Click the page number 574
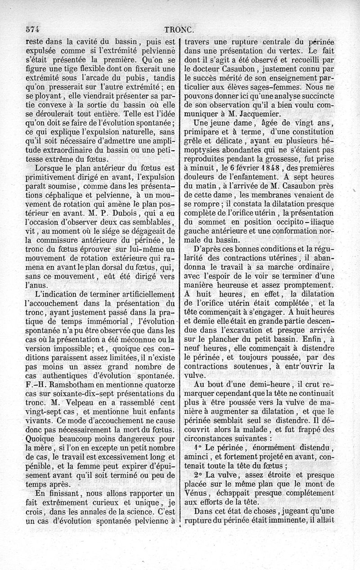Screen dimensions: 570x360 coord(31,30)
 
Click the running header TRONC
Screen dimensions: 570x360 coord(180,30)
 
